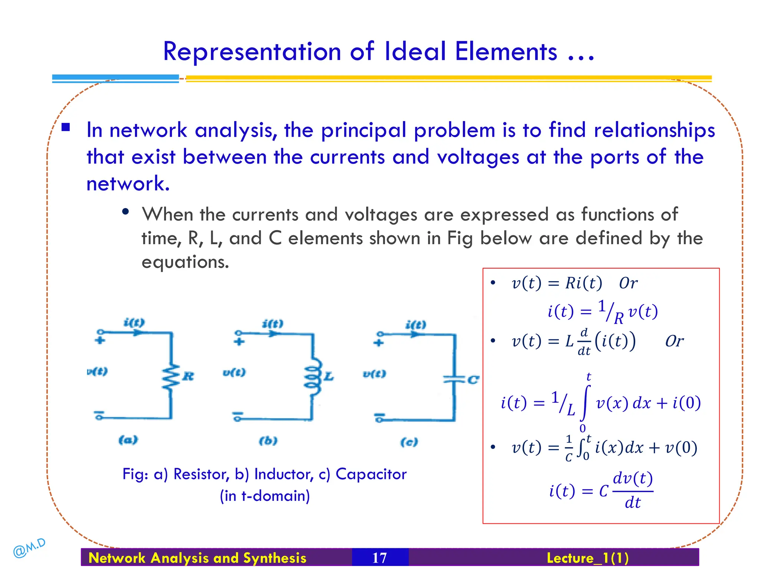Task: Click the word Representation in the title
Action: coord(252,52)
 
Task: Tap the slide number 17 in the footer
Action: coord(379,558)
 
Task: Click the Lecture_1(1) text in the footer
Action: coord(587,558)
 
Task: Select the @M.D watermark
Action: coord(29,548)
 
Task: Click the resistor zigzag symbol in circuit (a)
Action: coord(170,377)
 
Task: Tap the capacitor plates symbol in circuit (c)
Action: coord(454,379)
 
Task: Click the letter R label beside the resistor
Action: coord(188,376)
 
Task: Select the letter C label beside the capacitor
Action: coord(473,380)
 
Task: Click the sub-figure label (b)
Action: coord(268,441)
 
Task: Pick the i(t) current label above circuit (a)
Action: coord(134,322)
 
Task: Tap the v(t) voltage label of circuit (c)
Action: coord(374,374)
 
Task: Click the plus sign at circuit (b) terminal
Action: coord(239,342)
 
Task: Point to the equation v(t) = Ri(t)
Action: coord(557,283)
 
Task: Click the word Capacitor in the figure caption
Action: coord(371,474)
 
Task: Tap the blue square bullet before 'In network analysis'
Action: coord(66,127)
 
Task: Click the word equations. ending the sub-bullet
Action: coord(185,262)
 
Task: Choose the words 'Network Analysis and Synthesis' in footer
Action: coord(198,558)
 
